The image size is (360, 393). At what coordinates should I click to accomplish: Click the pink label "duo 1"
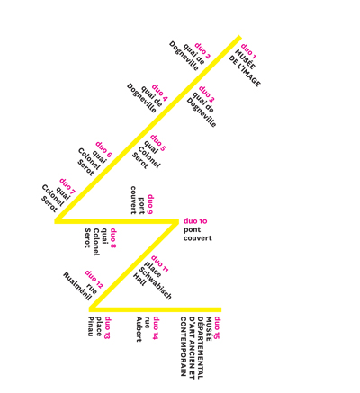click(248, 51)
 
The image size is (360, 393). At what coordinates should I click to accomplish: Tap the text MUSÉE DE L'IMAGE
click(245, 68)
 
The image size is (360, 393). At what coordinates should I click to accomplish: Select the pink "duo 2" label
click(202, 50)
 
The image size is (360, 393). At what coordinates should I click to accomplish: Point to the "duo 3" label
click(207, 94)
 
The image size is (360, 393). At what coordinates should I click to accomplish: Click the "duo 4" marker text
click(160, 93)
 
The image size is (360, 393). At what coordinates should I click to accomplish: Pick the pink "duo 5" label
click(158, 143)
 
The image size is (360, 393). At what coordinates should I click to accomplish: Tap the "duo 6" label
click(103, 149)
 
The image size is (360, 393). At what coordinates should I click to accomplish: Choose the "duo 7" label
click(67, 186)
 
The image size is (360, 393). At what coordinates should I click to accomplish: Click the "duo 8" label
click(113, 238)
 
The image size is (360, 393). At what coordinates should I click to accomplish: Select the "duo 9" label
click(150, 205)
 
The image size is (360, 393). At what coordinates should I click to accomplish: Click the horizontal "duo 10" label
click(195, 221)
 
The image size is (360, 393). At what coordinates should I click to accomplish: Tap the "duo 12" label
click(94, 280)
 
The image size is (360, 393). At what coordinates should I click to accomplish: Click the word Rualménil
click(76, 287)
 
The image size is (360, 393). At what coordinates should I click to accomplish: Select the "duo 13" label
click(107, 327)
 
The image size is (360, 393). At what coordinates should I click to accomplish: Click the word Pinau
click(91, 326)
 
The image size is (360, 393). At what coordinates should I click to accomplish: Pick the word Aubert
click(139, 329)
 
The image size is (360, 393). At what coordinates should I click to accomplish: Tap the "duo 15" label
click(217, 328)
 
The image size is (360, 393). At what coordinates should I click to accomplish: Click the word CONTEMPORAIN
click(184, 346)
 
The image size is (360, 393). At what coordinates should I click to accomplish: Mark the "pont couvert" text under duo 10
click(198, 234)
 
